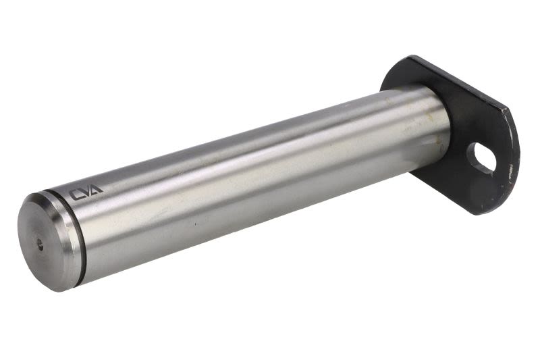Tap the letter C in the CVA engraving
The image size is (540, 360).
coord(75,195)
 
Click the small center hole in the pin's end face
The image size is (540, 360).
coord(40,245)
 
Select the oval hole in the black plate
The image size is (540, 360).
coord(481,157)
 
